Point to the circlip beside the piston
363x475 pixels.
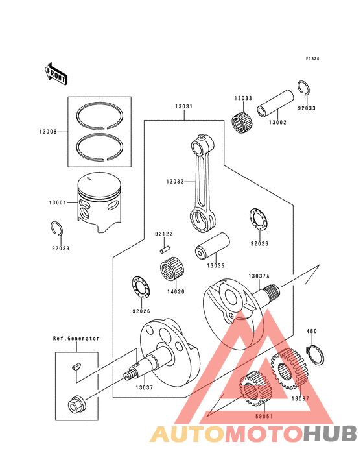point(56,229)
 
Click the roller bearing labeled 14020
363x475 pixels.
point(170,269)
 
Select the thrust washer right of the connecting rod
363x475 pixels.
point(258,220)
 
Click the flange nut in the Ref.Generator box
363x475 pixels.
point(74,406)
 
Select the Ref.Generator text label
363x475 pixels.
point(76,338)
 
